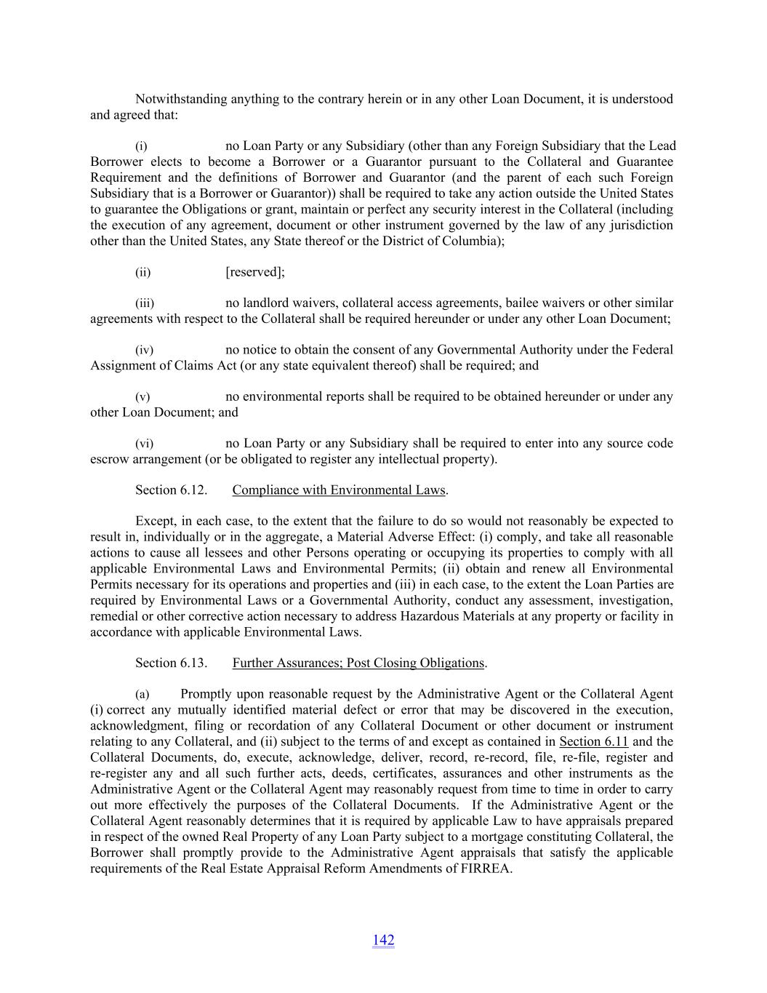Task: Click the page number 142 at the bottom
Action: [x=383, y=940]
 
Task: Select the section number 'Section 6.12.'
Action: [x=171, y=490]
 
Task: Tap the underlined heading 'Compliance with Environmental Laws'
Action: [x=338, y=490]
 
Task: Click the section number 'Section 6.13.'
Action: [x=171, y=663]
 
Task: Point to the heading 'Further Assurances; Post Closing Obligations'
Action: [x=358, y=663]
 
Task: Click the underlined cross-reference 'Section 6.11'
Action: [x=593, y=742]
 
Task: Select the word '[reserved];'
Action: [x=255, y=272]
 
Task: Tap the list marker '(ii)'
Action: [x=143, y=273]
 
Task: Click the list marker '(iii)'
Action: [x=145, y=303]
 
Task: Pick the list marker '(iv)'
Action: [x=145, y=351]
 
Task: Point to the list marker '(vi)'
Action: [x=145, y=444]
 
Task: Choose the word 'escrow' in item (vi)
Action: [x=110, y=460]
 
